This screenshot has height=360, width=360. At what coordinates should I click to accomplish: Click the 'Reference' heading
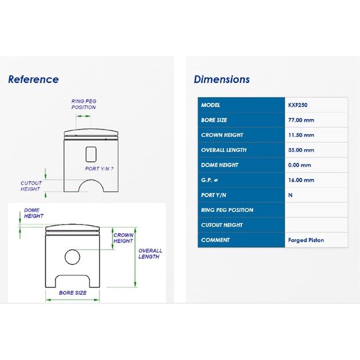click(34, 79)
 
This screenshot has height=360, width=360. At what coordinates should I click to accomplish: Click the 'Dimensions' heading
click(222, 79)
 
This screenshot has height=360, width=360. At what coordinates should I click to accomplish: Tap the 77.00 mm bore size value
click(301, 120)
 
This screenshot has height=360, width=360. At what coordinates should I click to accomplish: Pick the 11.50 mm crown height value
click(301, 135)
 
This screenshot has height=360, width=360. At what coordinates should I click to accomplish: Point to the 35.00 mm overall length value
click(301, 150)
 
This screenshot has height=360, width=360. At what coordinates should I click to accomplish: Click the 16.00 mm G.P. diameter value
click(301, 180)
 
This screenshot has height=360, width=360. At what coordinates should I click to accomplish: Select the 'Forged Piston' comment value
click(306, 240)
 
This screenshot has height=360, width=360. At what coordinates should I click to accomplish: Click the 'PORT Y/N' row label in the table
click(214, 195)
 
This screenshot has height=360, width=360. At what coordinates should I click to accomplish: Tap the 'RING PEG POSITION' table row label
click(227, 210)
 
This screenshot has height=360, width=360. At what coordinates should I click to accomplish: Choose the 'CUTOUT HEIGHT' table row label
click(222, 225)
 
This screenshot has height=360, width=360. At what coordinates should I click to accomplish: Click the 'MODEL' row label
click(210, 105)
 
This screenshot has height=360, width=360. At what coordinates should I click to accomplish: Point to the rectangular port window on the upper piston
click(91, 154)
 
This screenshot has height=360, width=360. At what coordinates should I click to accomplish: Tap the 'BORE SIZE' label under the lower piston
click(73, 293)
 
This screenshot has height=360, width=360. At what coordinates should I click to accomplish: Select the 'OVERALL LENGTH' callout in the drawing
click(150, 254)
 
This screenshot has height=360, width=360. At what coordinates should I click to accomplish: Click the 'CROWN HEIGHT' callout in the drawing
click(123, 238)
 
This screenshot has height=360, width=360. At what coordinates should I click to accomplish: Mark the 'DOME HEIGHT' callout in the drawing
click(34, 213)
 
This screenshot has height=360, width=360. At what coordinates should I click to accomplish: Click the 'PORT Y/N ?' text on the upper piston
click(99, 169)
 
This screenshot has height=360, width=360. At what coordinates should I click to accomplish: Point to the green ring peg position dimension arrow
click(83, 116)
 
